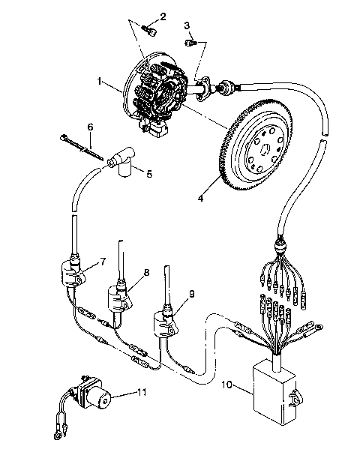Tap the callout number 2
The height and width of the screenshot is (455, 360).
click(x=163, y=15)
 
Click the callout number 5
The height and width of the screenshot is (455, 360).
click(x=148, y=174)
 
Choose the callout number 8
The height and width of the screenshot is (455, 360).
click(x=146, y=273)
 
